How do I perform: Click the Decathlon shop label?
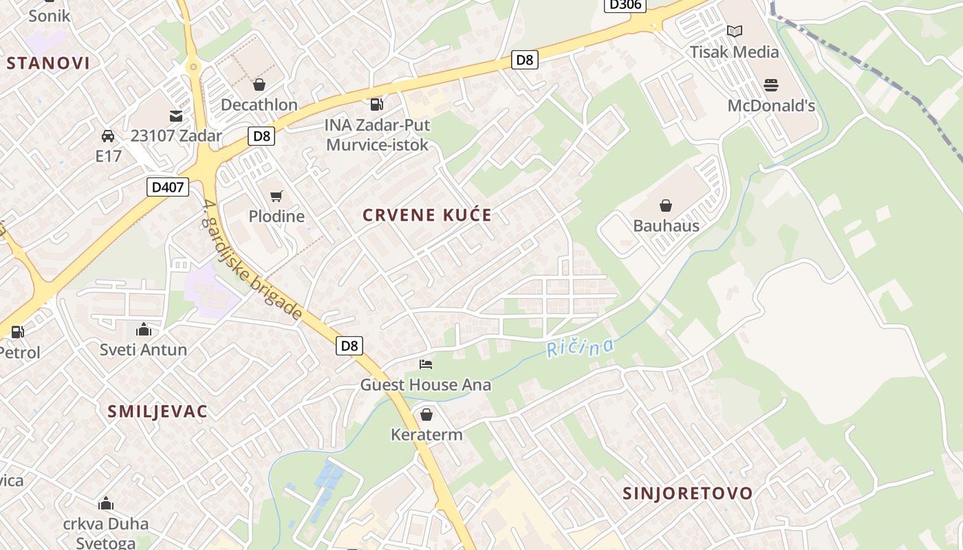tap(259, 104)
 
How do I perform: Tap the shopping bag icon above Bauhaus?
tap(665, 206)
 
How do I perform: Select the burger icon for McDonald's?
tap(771, 85)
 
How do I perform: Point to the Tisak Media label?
tap(734, 52)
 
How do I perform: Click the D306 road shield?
tap(625, 5)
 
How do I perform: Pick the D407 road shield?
tap(168, 186)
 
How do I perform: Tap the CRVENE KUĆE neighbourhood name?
tap(427, 215)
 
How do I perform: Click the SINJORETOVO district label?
tap(688, 493)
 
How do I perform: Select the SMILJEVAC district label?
tap(158, 411)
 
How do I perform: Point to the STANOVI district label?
tap(48, 63)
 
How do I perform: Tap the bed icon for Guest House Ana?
tap(426, 364)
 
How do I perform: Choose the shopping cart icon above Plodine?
tap(277, 197)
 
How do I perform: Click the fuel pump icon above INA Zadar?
tap(376, 104)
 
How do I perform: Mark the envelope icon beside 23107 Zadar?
tap(177, 116)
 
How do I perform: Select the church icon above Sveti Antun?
tap(143, 329)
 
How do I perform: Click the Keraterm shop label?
tap(426, 434)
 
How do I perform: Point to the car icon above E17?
tap(108, 135)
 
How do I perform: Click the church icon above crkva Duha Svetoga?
tap(105, 504)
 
